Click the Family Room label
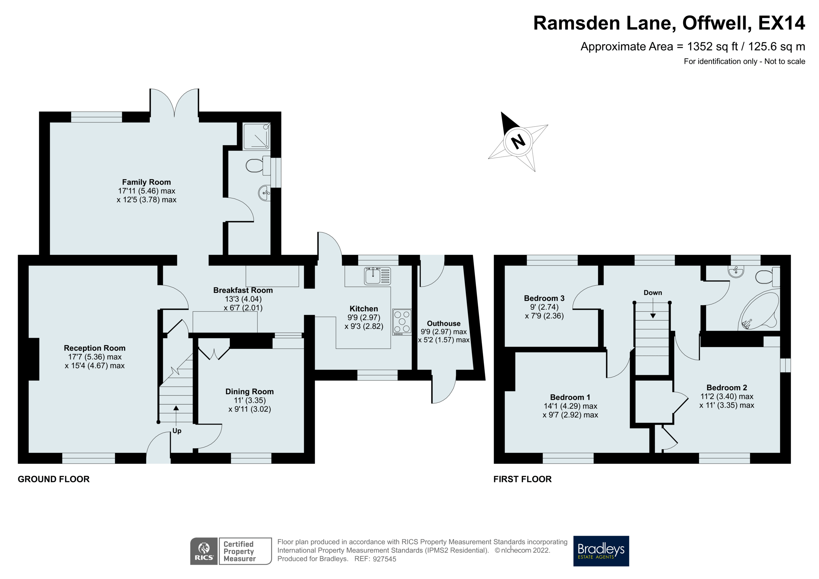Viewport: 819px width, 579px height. (x=146, y=182)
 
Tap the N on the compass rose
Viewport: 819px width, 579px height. (x=518, y=142)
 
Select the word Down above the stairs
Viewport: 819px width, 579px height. (x=652, y=292)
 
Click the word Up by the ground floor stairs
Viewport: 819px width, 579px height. (x=177, y=431)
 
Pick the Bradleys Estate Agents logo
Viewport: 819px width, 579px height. (x=601, y=551)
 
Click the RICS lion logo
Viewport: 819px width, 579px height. (x=204, y=551)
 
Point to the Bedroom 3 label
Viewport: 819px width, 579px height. (x=544, y=298)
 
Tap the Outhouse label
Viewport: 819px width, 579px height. (x=443, y=323)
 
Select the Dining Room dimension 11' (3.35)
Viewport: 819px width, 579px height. (x=250, y=400)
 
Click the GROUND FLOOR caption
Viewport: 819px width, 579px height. (x=54, y=479)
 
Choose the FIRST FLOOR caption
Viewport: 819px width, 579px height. (x=522, y=479)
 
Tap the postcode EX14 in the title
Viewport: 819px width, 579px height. (x=781, y=23)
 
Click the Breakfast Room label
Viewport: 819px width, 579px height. (x=243, y=290)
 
